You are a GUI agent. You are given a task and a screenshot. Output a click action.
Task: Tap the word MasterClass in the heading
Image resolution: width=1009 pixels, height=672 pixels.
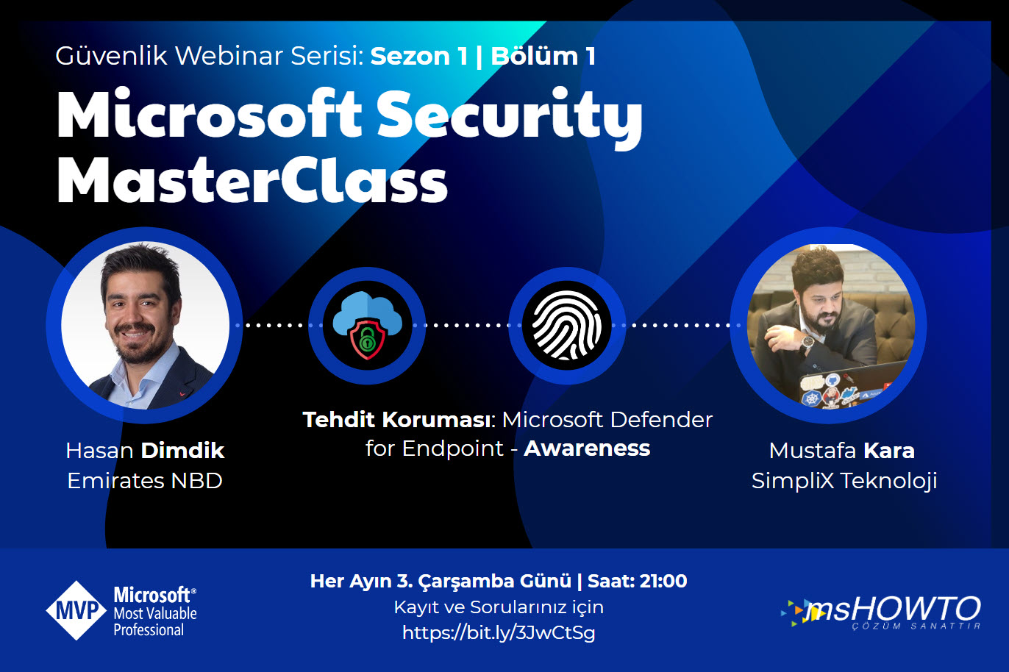[x=252, y=180]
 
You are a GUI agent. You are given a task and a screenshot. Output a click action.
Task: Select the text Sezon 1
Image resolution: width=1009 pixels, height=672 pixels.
[x=419, y=57]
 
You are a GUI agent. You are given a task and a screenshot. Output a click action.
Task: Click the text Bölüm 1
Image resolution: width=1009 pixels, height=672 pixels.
[x=543, y=57]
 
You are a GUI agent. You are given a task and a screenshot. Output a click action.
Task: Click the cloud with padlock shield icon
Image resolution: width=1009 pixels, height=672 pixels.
[x=368, y=325]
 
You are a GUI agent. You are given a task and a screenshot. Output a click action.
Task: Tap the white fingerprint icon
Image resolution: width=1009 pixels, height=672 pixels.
[x=567, y=325]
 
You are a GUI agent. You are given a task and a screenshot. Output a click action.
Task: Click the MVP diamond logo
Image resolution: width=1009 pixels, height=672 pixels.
[x=76, y=610]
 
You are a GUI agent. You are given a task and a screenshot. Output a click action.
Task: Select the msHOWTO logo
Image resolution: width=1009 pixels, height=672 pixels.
[x=881, y=612]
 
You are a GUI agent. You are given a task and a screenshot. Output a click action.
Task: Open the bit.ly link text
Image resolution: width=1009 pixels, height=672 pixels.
[x=499, y=633]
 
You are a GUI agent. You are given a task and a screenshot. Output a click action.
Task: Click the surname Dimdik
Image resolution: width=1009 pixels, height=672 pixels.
[x=182, y=451]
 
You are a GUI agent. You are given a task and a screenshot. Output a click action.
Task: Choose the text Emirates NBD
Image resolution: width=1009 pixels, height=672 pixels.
[x=145, y=481]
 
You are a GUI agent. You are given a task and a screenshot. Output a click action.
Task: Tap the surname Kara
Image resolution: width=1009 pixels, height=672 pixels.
[x=889, y=451]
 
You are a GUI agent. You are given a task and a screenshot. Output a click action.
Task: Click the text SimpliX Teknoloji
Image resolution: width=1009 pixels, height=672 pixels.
[x=844, y=481]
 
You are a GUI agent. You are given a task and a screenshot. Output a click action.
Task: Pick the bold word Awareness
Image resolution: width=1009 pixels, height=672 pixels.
[x=587, y=448]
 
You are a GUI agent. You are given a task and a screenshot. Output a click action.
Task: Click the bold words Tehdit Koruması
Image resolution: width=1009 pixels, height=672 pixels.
[x=396, y=420]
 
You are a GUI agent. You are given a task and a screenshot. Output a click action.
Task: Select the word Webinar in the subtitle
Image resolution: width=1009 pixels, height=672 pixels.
[x=229, y=57]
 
